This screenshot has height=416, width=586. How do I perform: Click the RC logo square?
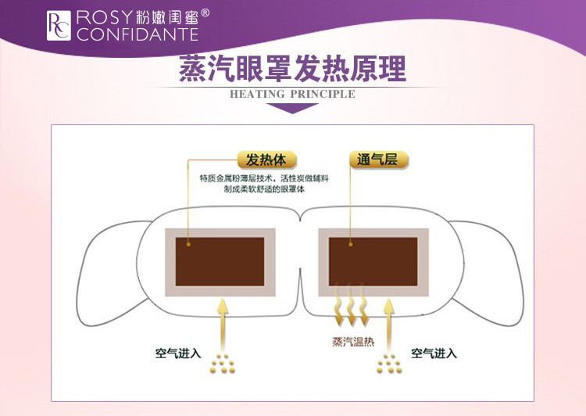click(59, 26)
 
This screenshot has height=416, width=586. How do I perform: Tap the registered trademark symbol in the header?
click(205, 13)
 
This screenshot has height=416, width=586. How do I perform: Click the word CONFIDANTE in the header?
click(138, 34)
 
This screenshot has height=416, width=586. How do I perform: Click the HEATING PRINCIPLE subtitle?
click(292, 95)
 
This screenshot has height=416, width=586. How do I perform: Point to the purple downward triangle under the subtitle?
click(293, 108)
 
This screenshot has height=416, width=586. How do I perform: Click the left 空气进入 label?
click(177, 353)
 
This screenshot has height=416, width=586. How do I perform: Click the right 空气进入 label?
click(434, 353)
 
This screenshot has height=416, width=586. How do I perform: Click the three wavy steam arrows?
click(349, 308)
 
